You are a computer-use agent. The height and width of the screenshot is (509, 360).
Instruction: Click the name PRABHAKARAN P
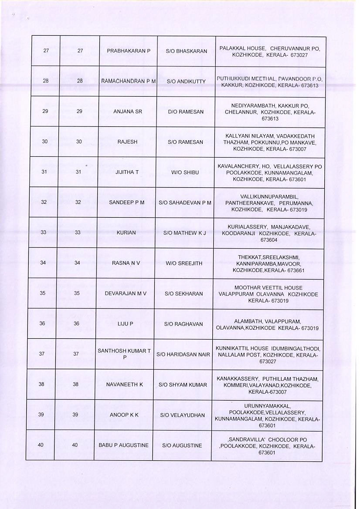click(x=129, y=51)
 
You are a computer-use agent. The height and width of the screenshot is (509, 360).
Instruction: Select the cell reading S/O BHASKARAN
click(x=187, y=51)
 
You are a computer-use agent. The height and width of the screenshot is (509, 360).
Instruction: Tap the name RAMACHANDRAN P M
click(x=128, y=81)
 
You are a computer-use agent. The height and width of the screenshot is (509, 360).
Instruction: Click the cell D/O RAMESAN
click(x=186, y=112)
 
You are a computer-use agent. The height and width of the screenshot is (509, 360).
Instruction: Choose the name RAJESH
click(x=127, y=142)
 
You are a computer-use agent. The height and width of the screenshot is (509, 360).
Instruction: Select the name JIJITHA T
click(x=127, y=172)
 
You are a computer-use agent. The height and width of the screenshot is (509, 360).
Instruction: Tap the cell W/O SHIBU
click(x=185, y=172)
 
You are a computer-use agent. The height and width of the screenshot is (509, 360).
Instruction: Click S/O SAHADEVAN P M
click(x=185, y=202)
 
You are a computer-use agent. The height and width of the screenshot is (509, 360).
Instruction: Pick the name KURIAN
click(x=126, y=233)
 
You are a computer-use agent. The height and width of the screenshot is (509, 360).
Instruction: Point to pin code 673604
click(x=269, y=239)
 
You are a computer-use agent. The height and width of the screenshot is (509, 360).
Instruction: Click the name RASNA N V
click(x=126, y=263)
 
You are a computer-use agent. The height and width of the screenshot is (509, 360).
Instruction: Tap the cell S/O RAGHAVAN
click(x=183, y=324)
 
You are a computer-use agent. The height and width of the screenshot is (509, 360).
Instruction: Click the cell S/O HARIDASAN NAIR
click(x=183, y=354)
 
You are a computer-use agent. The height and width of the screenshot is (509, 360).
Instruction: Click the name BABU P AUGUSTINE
click(x=124, y=445)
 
